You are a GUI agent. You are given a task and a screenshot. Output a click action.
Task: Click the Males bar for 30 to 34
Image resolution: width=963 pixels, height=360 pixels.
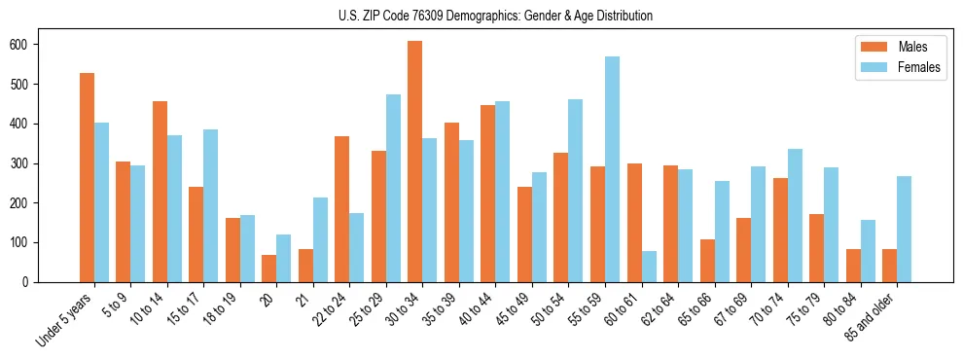tap(415, 162)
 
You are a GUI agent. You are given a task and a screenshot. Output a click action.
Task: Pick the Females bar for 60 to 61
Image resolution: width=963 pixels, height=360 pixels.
tap(649, 267)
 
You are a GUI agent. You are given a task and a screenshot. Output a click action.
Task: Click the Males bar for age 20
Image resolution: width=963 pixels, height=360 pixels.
tap(269, 269)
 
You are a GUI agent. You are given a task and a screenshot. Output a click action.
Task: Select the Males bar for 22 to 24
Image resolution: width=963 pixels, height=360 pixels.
tap(342, 209)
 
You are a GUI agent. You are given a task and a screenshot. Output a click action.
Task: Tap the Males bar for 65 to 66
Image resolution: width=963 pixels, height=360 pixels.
tap(707, 261)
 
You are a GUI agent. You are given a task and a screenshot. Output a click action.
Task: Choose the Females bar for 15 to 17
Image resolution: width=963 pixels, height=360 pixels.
tap(211, 231)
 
